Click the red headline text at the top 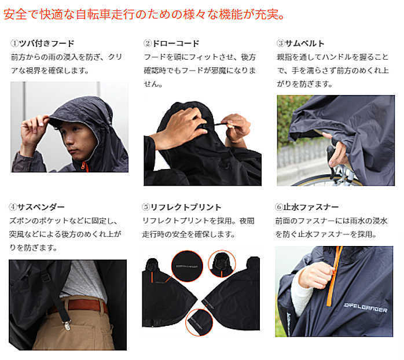pos(144,14)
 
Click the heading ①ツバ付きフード pos(42,43)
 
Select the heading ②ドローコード pos(171,43)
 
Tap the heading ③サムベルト pos(300,43)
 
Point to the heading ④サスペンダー pos(37,207)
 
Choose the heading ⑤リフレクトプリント pos(182,207)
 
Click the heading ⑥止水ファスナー pos(307,207)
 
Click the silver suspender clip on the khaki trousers pos(67,325)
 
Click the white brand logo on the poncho pos(366,308)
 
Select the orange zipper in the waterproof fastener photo pos(334,275)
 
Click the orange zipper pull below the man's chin pos(85,167)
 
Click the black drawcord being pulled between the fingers pos(217,124)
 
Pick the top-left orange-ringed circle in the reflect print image pos(187,266)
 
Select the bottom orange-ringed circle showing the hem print pos(199,322)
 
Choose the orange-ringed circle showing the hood pos(222,264)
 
